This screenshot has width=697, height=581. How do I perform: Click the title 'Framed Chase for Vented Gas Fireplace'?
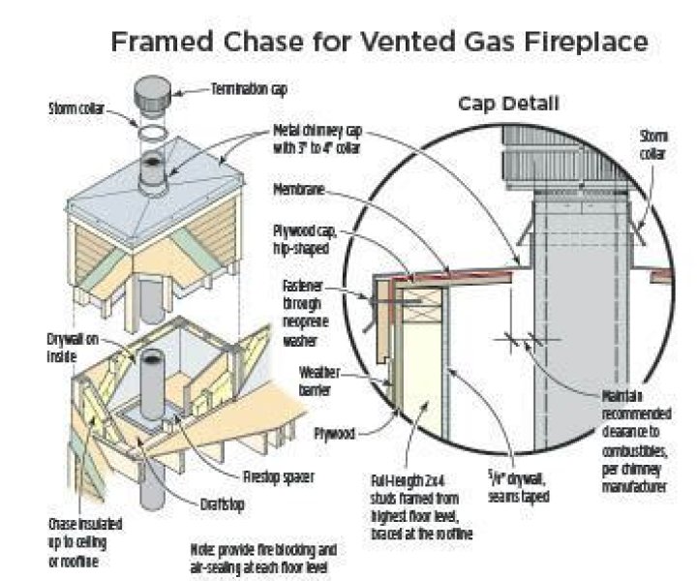(x=379, y=43)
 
